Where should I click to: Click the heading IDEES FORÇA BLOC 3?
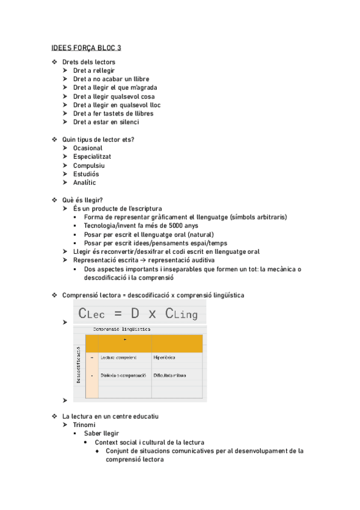(x=85, y=48)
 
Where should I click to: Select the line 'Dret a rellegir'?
(x=94, y=70)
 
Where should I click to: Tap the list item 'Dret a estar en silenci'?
(x=106, y=122)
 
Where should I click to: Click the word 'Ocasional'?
(x=88, y=148)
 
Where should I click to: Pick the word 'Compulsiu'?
(x=89, y=165)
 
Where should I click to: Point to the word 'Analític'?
(x=84, y=183)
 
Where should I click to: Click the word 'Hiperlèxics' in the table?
(x=164, y=358)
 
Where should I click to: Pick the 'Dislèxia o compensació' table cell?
(x=123, y=375)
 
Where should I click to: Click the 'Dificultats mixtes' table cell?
(x=169, y=375)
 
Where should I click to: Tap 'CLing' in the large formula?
(x=181, y=313)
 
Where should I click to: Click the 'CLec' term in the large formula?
(x=96, y=313)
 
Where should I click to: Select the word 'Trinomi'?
(x=84, y=425)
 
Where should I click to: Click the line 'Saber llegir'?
(x=101, y=433)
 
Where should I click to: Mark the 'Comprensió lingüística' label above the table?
(x=121, y=330)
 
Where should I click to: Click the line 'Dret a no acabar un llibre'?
(x=111, y=79)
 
